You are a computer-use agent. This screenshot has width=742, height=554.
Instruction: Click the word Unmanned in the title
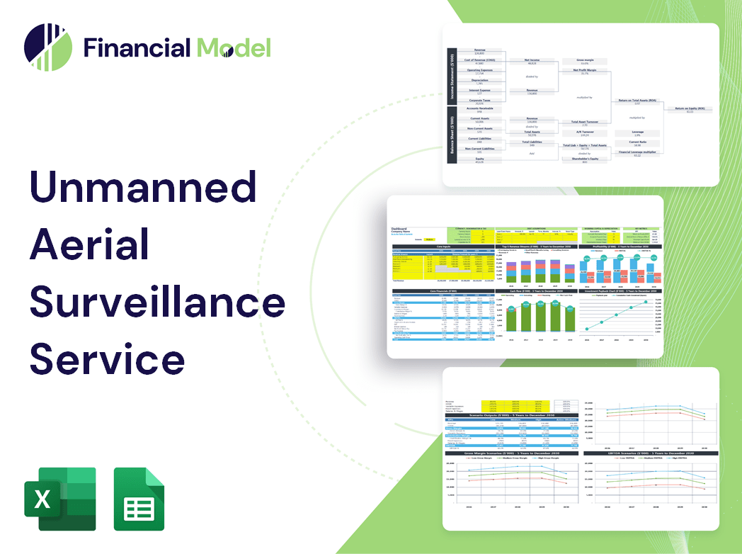(142, 188)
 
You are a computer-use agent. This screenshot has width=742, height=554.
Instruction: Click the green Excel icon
(60, 499)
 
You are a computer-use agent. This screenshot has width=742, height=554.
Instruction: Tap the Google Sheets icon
(139, 499)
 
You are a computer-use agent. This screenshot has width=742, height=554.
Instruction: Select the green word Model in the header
(234, 47)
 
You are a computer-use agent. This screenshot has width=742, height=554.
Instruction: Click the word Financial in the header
(137, 47)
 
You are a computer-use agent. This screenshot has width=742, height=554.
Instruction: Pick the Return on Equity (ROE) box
(690, 110)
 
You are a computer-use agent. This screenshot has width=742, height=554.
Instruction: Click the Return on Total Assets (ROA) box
(637, 101)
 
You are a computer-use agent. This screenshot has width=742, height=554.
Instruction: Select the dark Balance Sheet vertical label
(450, 142)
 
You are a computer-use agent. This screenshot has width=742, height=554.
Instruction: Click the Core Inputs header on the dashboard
(443, 247)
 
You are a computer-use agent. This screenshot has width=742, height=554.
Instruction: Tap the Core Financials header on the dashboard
(443, 290)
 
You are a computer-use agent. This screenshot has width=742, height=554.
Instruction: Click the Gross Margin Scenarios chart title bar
(508, 453)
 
